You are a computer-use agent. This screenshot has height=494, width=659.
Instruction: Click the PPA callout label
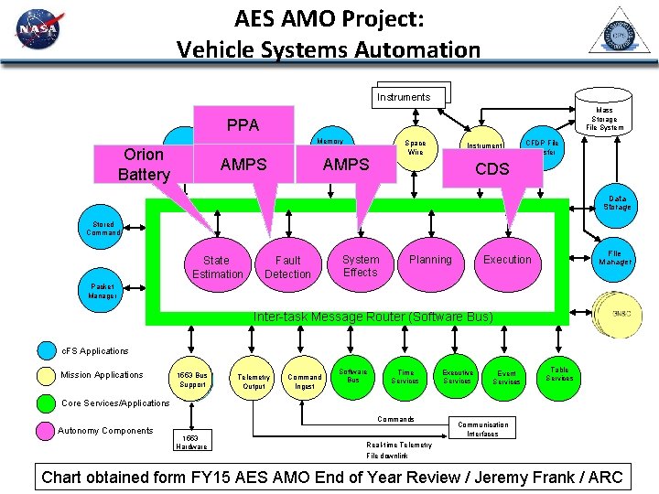(x=243, y=124)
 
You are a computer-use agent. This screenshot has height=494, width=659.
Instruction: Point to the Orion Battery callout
(x=145, y=165)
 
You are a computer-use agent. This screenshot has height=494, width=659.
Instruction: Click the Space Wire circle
(x=416, y=148)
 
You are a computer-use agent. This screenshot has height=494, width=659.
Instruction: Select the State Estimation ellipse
(x=217, y=267)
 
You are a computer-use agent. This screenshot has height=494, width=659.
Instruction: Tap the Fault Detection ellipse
(x=287, y=267)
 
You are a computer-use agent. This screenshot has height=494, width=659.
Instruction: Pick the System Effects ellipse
(x=360, y=265)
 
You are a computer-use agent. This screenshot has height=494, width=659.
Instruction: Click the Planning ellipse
(x=430, y=260)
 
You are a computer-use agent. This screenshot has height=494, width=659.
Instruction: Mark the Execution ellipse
(x=507, y=260)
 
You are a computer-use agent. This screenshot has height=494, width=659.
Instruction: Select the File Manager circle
(x=614, y=257)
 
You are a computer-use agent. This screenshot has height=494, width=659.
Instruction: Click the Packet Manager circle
(x=103, y=291)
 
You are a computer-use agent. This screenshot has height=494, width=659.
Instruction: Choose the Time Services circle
(x=405, y=377)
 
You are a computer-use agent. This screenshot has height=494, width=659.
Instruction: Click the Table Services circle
(x=558, y=374)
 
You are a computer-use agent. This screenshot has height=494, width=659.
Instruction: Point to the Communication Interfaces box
(x=482, y=429)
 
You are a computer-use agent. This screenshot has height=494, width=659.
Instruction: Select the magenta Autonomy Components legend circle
(x=47, y=431)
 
